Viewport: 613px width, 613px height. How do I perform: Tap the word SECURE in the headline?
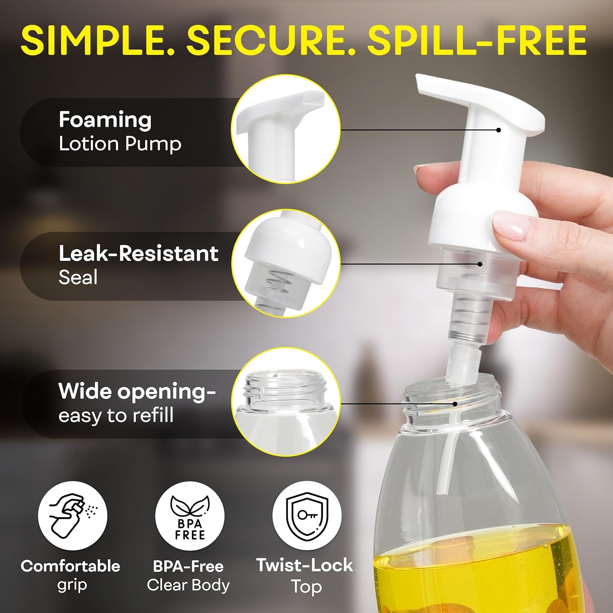(271, 40)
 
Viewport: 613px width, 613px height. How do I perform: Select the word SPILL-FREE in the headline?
(477, 40)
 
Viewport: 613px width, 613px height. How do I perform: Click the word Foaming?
(105, 120)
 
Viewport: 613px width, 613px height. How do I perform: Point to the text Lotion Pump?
(120, 144)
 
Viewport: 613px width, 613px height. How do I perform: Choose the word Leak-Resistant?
(139, 253)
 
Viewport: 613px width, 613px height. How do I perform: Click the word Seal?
(78, 277)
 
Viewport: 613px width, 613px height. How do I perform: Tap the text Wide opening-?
(137, 392)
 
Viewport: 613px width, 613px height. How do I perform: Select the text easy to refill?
(116, 415)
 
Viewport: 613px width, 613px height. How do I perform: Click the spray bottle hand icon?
(73, 516)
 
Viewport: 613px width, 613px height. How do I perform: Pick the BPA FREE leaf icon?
(190, 516)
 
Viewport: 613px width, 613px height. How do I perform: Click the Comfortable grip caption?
(71, 575)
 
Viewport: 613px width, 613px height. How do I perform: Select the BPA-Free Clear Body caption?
(188, 575)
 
